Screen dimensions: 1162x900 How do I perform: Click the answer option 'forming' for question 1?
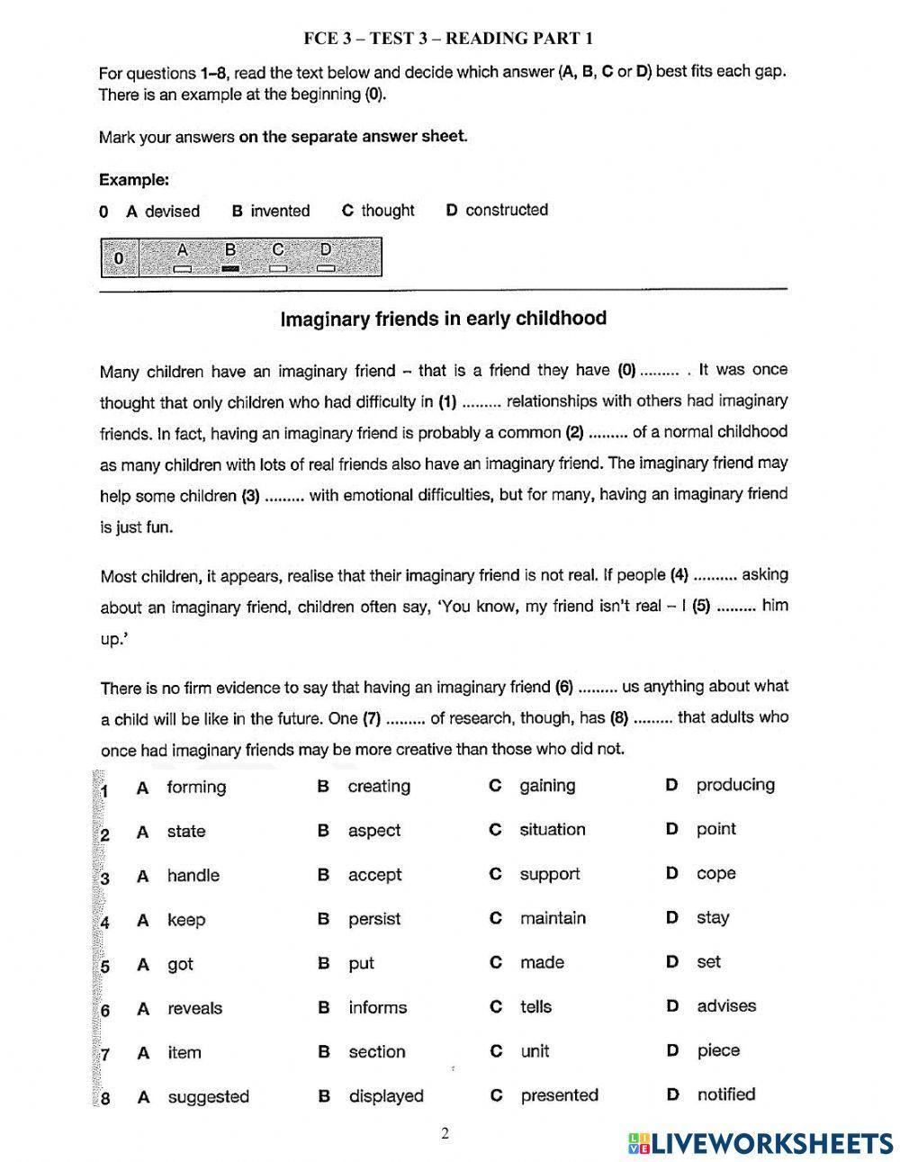196,788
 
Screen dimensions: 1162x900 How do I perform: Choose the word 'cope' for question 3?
715,874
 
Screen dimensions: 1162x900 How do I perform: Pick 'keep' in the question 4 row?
186,920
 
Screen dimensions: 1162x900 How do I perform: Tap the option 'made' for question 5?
542,962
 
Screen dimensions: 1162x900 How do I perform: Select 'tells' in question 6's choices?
535,1007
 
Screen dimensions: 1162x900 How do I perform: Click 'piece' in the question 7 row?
718,1050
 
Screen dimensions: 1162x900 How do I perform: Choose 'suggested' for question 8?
208,1096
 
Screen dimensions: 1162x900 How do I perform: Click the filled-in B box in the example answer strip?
229,268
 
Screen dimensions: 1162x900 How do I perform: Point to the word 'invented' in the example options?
280,211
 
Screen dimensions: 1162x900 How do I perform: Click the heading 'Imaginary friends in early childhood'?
444,319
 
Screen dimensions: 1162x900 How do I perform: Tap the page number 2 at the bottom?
445,1133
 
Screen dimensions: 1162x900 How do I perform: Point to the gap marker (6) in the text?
564,687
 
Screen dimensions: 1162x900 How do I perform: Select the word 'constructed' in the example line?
507,210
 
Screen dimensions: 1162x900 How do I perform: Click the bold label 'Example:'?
134,179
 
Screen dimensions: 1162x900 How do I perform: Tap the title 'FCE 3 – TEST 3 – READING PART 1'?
447,38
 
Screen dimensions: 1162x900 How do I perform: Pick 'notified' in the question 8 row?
725,1094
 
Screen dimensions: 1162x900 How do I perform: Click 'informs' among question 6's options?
377,1007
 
